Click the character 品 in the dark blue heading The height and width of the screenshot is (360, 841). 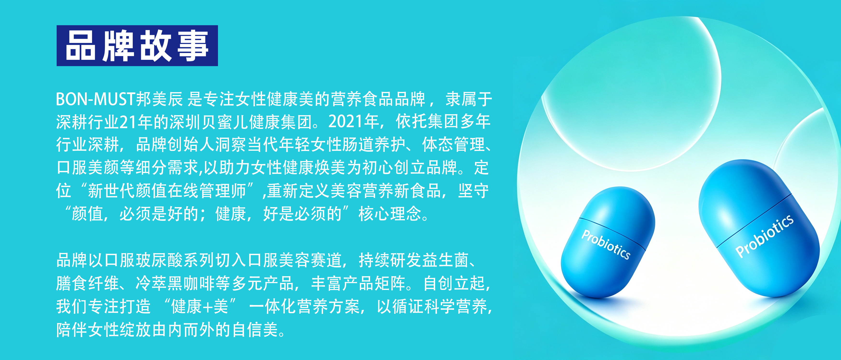81,46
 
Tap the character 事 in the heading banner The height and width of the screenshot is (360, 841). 193,46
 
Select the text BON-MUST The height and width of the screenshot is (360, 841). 96,99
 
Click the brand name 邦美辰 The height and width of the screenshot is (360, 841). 159,99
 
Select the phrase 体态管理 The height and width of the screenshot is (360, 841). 453,144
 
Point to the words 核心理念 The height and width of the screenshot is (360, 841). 390,214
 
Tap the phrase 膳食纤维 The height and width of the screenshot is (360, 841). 87,283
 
